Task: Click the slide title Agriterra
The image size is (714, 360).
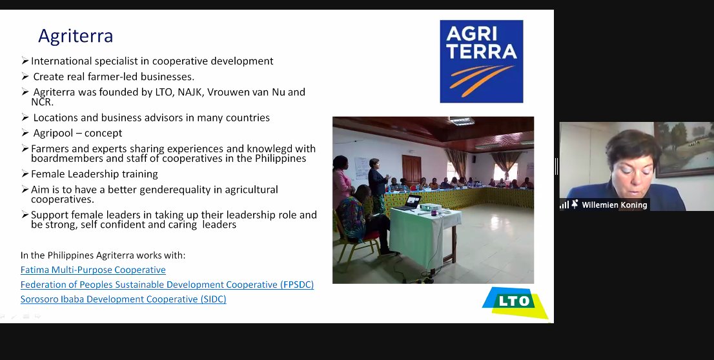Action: coord(76,36)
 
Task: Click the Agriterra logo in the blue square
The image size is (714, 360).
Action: coord(481,61)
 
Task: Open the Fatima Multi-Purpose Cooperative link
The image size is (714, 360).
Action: coord(93,270)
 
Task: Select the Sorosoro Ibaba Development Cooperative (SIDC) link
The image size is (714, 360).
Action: coord(123,299)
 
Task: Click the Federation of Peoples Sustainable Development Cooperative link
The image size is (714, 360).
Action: coord(167,285)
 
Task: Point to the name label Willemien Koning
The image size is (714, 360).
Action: coord(615,205)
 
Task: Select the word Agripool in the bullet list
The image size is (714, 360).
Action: coord(54,133)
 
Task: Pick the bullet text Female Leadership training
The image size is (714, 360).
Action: coord(94,174)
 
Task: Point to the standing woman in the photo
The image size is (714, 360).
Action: coord(377,181)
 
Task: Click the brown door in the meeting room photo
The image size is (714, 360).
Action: coord(411,168)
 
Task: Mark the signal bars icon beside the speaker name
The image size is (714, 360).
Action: coord(564,205)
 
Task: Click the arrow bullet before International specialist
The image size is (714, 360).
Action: coord(25,61)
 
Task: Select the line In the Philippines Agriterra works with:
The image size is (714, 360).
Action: coord(103,255)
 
